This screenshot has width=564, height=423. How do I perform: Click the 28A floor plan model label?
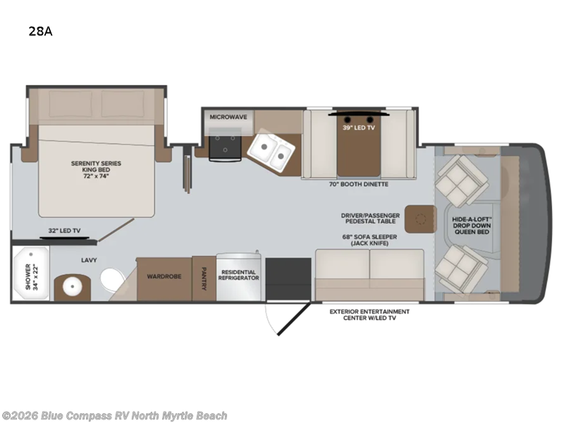point(41,32)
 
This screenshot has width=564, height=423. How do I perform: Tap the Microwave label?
point(228,117)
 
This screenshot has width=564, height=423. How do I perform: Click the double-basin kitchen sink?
point(271,150)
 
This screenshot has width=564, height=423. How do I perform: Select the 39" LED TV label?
point(359,128)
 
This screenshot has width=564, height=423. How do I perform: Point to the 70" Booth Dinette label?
point(359,184)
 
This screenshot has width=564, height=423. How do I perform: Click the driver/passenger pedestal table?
point(420,219)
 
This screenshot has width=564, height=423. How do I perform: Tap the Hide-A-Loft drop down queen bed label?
point(472,226)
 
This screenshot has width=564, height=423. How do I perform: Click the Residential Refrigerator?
point(238,276)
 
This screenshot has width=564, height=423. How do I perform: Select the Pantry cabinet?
point(204,278)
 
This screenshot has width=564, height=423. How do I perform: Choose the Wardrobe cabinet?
point(164,278)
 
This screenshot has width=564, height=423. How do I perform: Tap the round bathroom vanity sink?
point(73,287)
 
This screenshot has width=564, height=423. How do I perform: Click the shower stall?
point(30,273)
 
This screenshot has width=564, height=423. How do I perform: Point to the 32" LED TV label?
point(64,231)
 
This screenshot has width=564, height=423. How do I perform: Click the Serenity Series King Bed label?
point(96,169)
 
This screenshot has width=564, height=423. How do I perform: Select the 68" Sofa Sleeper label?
point(369,240)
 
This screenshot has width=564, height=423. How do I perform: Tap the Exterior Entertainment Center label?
point(369,314)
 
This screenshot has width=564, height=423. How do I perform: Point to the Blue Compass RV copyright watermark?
point(114,416)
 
